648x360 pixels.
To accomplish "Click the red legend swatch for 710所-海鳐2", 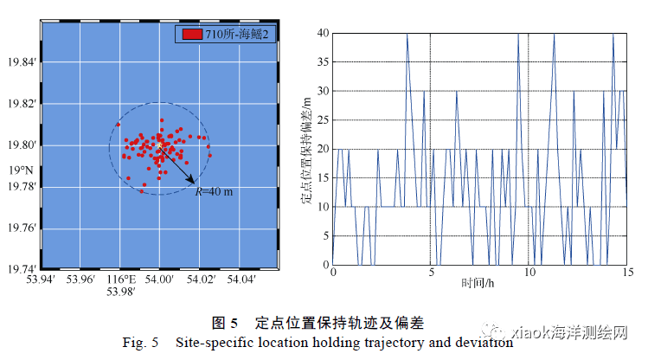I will pyautogui.click(x=191, y=35).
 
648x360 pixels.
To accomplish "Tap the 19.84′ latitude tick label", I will pyautogui.click(x=22, y=62).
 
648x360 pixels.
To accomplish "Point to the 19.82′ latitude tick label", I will pyautogui.click(x=22, y=104).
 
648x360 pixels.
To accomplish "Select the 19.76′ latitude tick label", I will pyautogui.click(x=22, y=228).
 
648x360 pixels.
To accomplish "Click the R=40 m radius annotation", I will pyautogui.click(x=214, y=190).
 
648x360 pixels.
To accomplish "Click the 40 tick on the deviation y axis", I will pyautogui.click(x=323, y=33).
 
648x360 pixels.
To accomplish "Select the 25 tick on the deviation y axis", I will pyautogui.click(x=323, y=119).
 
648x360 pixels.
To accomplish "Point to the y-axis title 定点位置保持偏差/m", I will pyautogui.click(x=306, y=149).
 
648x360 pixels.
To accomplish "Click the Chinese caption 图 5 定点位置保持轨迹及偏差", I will pyautogui.click(x=324, y=323).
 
